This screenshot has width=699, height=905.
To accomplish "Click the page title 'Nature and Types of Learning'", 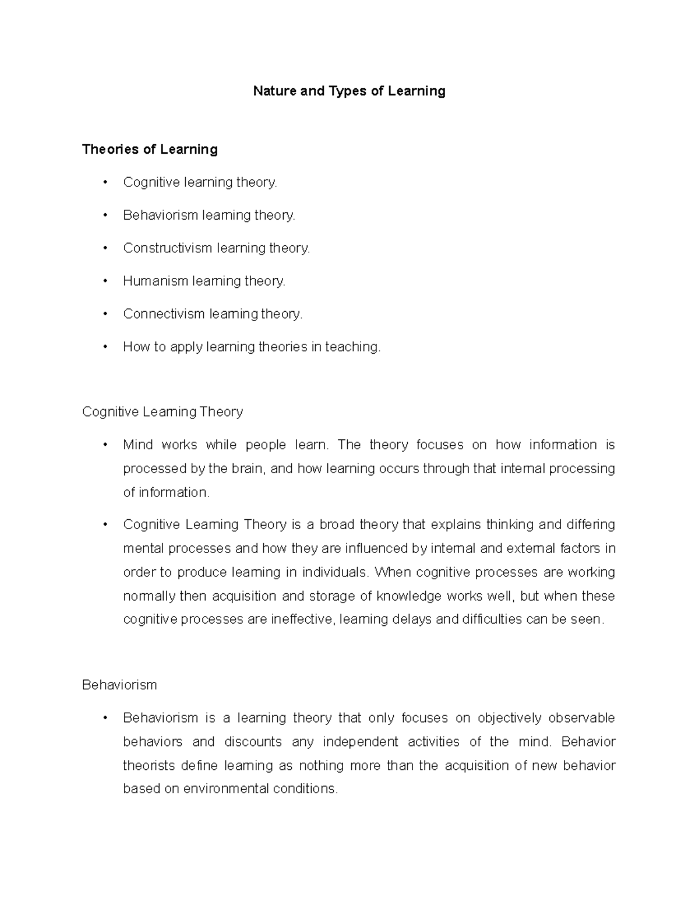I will pos(349,91).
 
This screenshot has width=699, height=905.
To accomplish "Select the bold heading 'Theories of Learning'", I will pos(150,149).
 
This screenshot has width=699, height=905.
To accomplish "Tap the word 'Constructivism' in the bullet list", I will pos(168,248).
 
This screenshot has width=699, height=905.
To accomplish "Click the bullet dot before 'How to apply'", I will pos(105,347).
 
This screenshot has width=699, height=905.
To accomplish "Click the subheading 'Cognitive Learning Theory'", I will pos(163,412).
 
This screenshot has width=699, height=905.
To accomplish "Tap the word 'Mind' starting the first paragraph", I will pos(137,445).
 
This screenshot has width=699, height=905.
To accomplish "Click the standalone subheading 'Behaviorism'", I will pos(119,685).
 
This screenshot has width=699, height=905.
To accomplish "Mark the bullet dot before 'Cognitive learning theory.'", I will pos(105,182).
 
